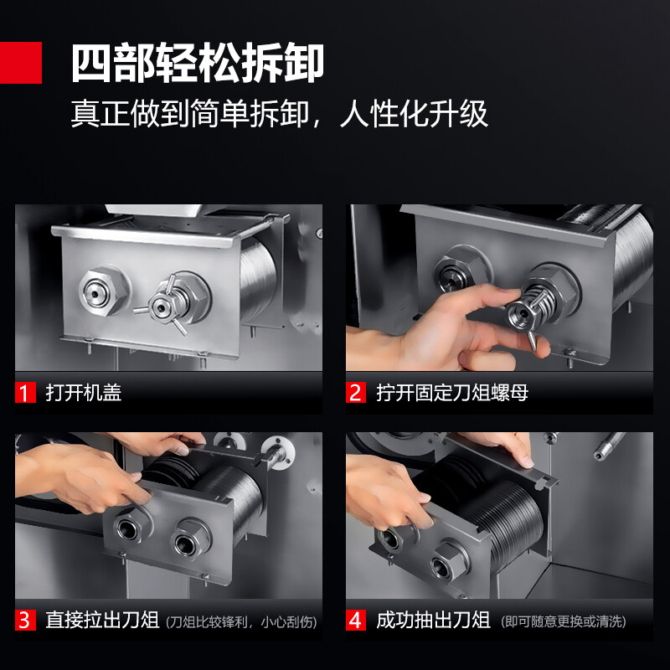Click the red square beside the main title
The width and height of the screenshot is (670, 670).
[20, 62]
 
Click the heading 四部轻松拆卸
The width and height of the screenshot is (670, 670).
[198, 63]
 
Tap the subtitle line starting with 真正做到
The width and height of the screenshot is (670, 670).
[280, 114]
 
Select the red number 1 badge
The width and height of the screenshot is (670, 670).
[25, 393]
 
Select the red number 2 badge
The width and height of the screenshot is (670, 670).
[356, 393]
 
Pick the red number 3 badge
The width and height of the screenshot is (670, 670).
[25, 620]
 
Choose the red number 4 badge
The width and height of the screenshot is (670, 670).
[356, 620]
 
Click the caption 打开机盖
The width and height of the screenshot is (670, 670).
[84, 393]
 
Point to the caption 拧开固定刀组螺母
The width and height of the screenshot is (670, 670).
[452, 393]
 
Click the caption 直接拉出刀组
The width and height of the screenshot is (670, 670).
[102, 620]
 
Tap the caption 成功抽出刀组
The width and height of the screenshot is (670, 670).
[433, 620]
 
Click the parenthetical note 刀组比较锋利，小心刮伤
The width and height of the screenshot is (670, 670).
[241, 622]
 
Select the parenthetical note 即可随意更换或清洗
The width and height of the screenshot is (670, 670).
[563, 621]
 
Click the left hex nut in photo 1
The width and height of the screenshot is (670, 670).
[104, 291]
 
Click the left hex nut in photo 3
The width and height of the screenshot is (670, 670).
[131, 527]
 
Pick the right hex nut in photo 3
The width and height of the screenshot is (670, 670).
[191, 539]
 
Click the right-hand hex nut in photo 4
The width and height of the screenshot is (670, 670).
[450, 561]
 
